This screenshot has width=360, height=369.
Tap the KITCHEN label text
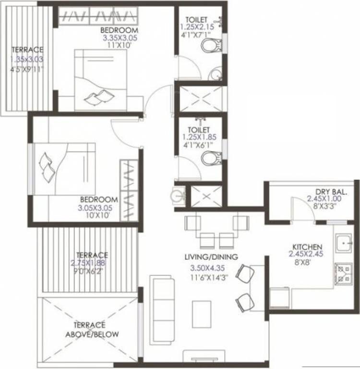point(305,246)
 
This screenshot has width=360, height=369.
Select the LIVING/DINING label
point(211,257)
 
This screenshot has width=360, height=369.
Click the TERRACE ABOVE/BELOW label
point(93,329)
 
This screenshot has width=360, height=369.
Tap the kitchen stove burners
point(344,273)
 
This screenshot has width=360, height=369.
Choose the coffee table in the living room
point(202,314)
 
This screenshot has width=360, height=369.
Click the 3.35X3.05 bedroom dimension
point(117,36)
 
